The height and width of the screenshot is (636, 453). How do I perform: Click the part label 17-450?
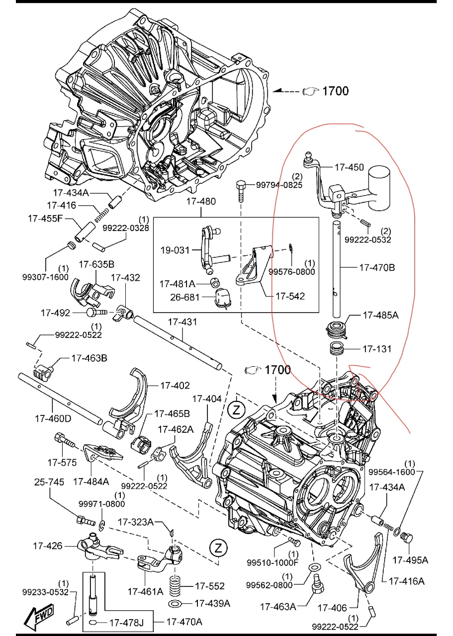tap(349, 167)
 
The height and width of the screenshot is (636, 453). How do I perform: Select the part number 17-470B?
tap(376, 267)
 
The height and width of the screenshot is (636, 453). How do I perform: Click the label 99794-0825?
tap(279, 185)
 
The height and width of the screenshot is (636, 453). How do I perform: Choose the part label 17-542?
tap(290, 296)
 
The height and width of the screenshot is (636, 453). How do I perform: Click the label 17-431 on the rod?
tap(182, 322)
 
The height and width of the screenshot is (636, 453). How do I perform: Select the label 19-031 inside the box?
tap(175, 250)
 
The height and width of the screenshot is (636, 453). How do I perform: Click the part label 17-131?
tap(376, 349)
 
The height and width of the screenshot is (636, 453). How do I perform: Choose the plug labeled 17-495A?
tap(406, 538)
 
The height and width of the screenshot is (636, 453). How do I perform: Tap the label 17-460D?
tap(53, 418)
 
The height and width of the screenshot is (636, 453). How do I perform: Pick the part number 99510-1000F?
tap(272, 562)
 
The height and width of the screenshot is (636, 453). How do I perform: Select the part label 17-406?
tap(333, 607)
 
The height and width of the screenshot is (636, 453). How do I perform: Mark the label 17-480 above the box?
tap(201, 202)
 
